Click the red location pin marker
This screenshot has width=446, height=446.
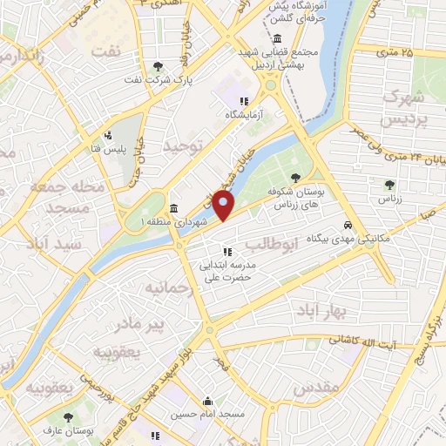click(224, 206)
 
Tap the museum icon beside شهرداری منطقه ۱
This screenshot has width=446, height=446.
click(174, 208)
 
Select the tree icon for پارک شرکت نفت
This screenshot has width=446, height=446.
click(157, 66)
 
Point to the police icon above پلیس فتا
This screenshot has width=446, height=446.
click(108, 135)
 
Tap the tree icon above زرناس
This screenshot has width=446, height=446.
click(389, 185)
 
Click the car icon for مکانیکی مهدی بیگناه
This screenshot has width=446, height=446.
click(348, 221)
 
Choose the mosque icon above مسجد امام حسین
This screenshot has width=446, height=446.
click(207, 402)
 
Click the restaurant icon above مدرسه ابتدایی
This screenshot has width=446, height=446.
click(226, 252)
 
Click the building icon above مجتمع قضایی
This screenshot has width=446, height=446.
click(276, 39)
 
